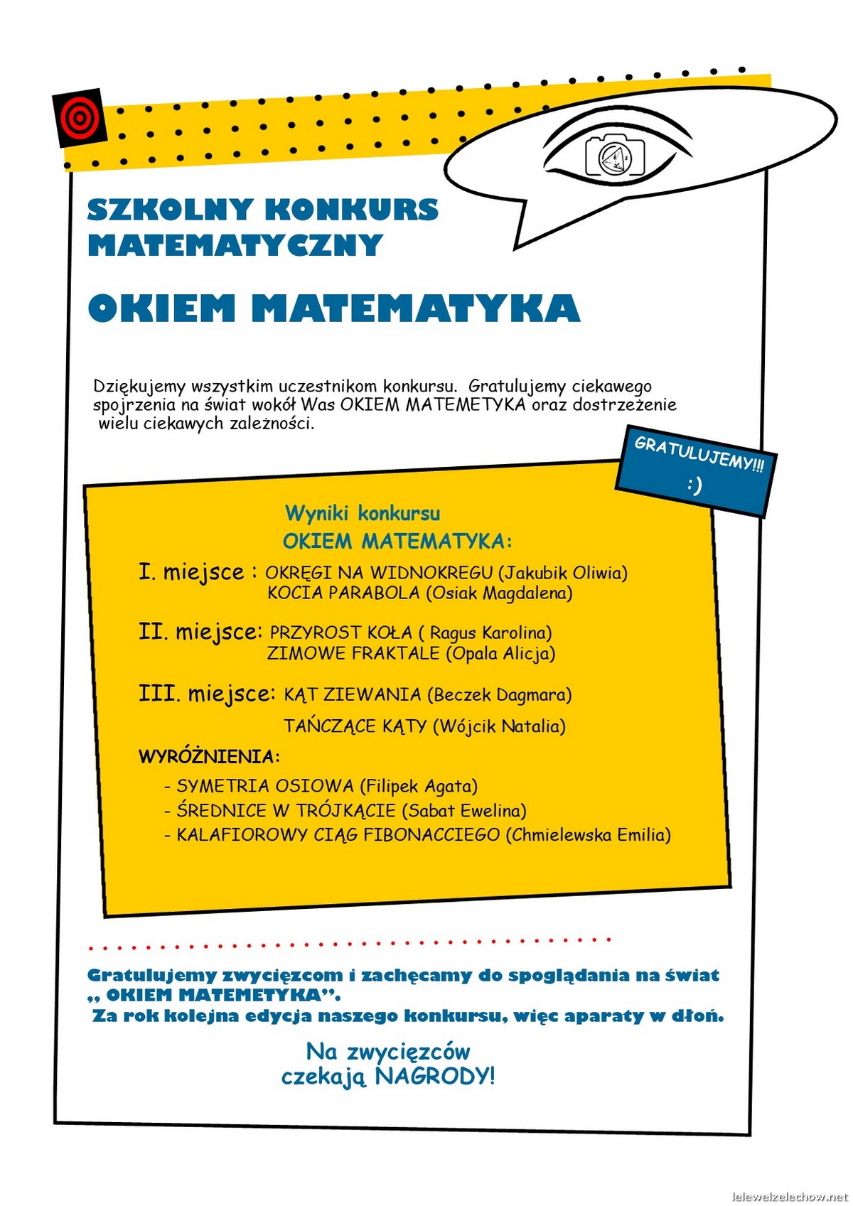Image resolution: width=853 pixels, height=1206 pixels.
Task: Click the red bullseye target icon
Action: click(79, 117)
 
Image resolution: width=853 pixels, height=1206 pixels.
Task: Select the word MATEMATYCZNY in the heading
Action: click(235, 245)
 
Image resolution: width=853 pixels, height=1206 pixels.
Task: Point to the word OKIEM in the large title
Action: click(161, 308)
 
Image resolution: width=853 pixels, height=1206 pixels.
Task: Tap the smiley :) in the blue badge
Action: click(694, 485)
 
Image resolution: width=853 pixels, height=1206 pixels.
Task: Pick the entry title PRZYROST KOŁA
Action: click(340, 632)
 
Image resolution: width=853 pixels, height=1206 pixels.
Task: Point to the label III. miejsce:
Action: click(206, 693)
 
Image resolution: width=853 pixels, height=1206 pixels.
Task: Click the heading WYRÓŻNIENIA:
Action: click(209, 756)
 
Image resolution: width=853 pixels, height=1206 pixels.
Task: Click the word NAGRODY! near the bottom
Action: click(434, 1076)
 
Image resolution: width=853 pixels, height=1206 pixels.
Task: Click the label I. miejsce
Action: click(191, 572)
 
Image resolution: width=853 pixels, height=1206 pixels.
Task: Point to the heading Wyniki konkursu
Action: click(363, 513)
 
